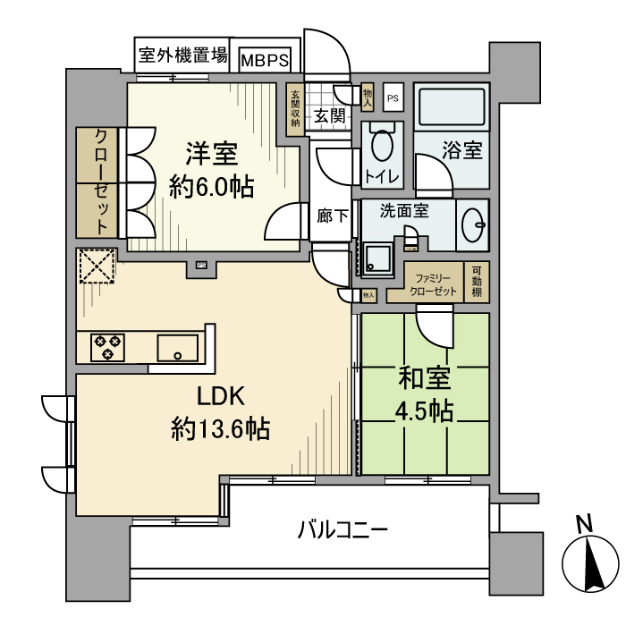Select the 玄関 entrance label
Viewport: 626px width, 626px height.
pyautogui.click(x=330, y=115)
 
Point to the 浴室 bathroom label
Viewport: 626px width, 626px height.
pyautogui.click(x=463, y=150)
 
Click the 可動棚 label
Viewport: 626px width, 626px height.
pyautogui.click(x=478, y=283)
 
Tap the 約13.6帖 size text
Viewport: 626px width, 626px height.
pyautogui.click(x=220, y=429)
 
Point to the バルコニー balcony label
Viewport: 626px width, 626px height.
pyautogui.click(x=343, y=530)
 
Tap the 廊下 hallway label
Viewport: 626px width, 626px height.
pyautogui.click(x=333, y=215)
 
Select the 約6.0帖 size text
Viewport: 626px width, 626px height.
pyautogui.click(x=212, y=188)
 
